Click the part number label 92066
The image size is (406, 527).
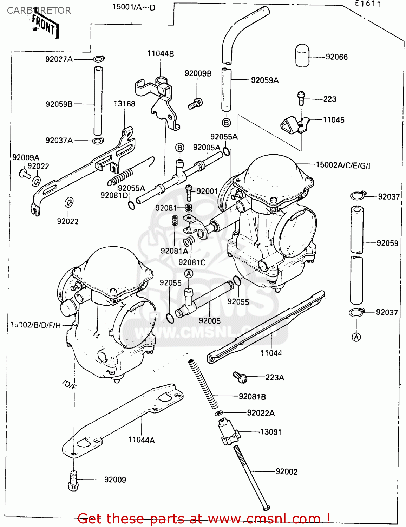pos(336,57)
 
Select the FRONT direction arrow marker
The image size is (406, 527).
pos(45,25)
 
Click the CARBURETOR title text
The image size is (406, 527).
pos(39,11)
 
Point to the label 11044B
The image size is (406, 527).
pos(161,53)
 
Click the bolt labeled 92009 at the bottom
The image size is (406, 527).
pos(73,480)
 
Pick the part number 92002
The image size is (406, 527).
pos(286,471)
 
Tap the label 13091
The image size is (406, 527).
pos(270,432)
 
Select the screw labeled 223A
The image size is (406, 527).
pos(240,377)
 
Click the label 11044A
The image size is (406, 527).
pos(141,440)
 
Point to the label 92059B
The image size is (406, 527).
pos(59,104)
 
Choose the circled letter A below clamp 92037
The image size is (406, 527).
pos(356,337)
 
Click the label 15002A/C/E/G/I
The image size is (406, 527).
pos(343,165)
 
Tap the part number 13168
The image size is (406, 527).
pos(124,104)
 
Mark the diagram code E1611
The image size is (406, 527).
pos(368,4)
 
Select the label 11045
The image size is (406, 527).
pos(333,120)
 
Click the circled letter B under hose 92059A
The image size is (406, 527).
pos(226,123)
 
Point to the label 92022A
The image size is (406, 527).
pos(261,413)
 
